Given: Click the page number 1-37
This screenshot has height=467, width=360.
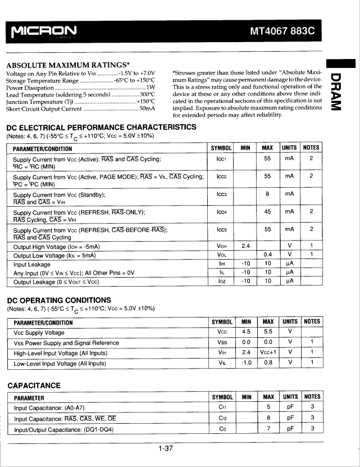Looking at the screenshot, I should pos(165,448).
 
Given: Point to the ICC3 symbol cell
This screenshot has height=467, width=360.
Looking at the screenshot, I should pos(221,194).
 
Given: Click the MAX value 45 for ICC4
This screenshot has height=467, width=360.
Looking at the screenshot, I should pos(267,212).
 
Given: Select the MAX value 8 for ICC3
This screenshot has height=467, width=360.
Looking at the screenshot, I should pos(267,194).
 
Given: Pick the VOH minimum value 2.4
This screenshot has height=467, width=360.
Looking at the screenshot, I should pos(245,246).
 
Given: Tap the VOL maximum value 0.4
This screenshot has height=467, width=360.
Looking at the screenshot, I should pos(267,255).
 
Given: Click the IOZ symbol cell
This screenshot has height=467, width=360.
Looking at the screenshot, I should pos(221,281).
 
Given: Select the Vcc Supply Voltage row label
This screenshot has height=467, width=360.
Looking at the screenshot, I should pos(39,333).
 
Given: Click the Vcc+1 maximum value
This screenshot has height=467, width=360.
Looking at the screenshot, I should pos(268,352).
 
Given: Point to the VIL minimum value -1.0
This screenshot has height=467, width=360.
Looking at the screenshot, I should pos(245,362).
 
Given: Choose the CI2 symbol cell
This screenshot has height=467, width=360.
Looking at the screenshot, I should pos(221,418).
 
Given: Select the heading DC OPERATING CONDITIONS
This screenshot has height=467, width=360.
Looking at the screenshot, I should pos(58,300).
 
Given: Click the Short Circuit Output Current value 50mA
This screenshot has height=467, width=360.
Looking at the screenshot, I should pos(147,108).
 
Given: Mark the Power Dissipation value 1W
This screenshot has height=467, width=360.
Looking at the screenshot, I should pos(151,88).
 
